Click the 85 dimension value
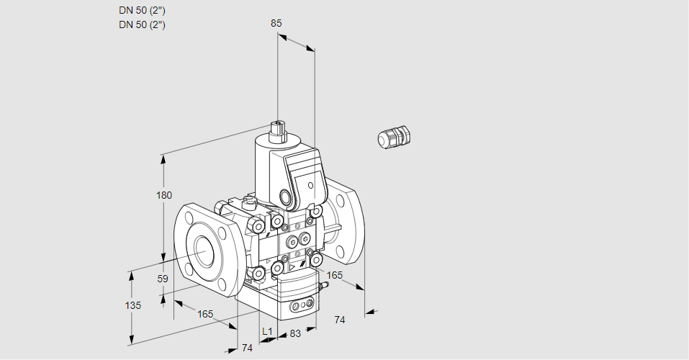click(x=276, y=23)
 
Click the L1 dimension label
click(x=267, y=332)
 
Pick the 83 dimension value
click(x=294, y=333)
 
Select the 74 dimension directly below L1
click(x=247, y=348)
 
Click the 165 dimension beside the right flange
click(x=335, y=275)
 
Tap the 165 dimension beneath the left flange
click(x=205, y=313)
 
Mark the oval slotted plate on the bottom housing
click(x=300, y=307)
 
